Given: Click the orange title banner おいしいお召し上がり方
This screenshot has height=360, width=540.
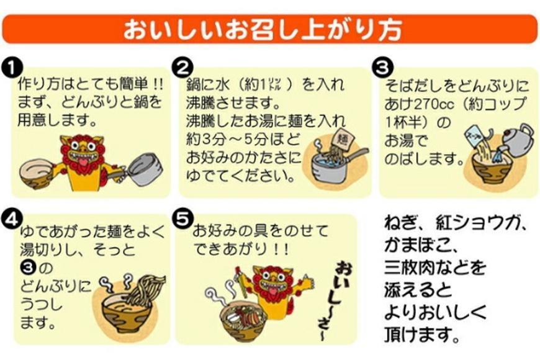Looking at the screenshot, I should pyautogui.click(x=269, y=29).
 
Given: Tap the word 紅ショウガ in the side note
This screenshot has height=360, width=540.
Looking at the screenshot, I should pyautogui.click(x=478, y=222).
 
